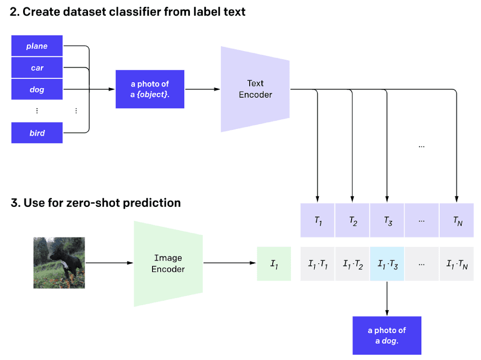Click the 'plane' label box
click(x=37, y=46)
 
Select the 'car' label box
click(x=37, y=68)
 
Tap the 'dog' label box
click(x=37, y=90)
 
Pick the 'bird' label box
click(x=37, y=133)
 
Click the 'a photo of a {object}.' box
click(x=150, y=89)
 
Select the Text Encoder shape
click(x=255, y=90)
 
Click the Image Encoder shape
click(x=168, y=264)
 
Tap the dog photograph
click(x=59, y=263)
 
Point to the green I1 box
click(x=274, y=264)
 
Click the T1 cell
click(x=317, y=220)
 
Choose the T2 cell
click(x=353, y=220)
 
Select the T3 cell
click(x=387, y=220)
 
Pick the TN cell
click(x=456, y=220)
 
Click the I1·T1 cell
click(x=317, y=264)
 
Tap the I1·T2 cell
click(x=353, y=264)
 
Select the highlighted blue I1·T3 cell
click(x=387, y=264)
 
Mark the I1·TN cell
click(x=456, y=264)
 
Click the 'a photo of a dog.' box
click(x=387, y=335)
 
